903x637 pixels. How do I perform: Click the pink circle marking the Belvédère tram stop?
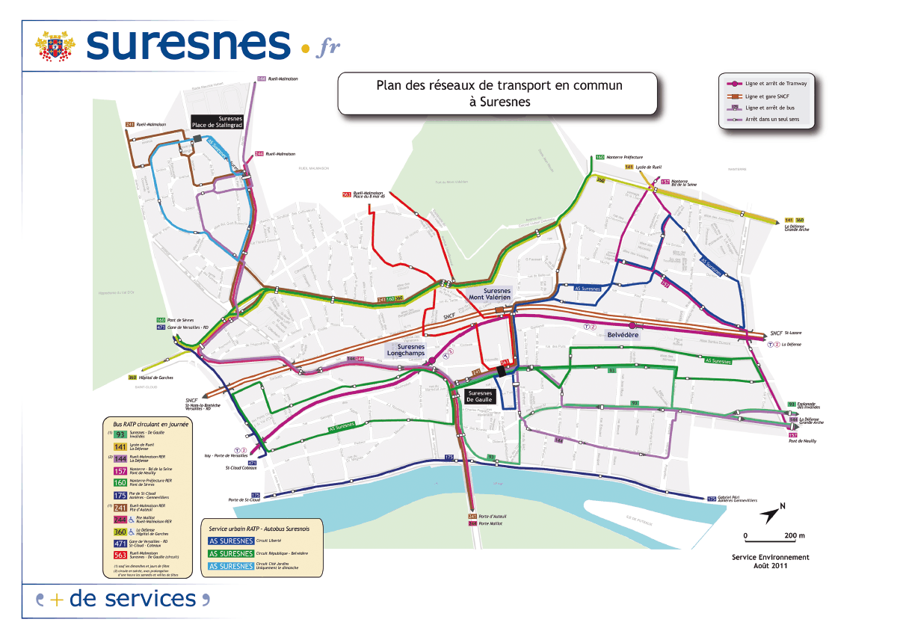point(632,325)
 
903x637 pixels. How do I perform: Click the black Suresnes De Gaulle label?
point(480,396)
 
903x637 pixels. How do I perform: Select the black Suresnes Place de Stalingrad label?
point(218,122)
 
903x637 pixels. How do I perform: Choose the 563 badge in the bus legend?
point(120,556)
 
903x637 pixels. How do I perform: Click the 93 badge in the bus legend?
point(120,434)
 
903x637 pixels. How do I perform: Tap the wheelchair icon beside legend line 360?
point(132,532)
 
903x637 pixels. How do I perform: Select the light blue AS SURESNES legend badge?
point(231,567)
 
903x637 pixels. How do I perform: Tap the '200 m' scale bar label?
point(795,536)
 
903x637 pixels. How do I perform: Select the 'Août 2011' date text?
point(771,565)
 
